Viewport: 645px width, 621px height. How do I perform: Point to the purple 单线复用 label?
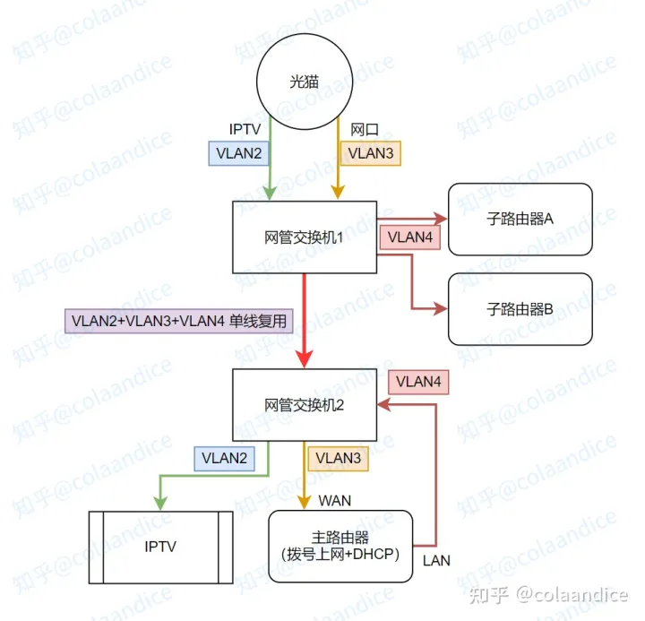178,321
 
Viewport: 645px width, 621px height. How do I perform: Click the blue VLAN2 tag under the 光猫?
238,153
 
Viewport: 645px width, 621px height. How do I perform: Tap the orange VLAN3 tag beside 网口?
371,153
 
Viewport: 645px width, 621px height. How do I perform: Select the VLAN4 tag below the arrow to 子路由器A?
409,237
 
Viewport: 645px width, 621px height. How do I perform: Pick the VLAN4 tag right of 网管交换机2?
418,382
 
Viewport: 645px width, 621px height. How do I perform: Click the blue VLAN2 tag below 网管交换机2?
224,459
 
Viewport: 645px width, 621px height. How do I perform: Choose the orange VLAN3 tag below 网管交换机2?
338,459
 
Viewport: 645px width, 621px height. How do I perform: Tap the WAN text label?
334,500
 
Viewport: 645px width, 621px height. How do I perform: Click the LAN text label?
436,560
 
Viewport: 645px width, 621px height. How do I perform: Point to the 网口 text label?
365,130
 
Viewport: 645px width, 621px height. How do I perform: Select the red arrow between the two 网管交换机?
305,321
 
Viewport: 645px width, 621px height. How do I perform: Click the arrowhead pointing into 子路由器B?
440,308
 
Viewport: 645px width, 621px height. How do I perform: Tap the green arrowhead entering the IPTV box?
160,504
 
